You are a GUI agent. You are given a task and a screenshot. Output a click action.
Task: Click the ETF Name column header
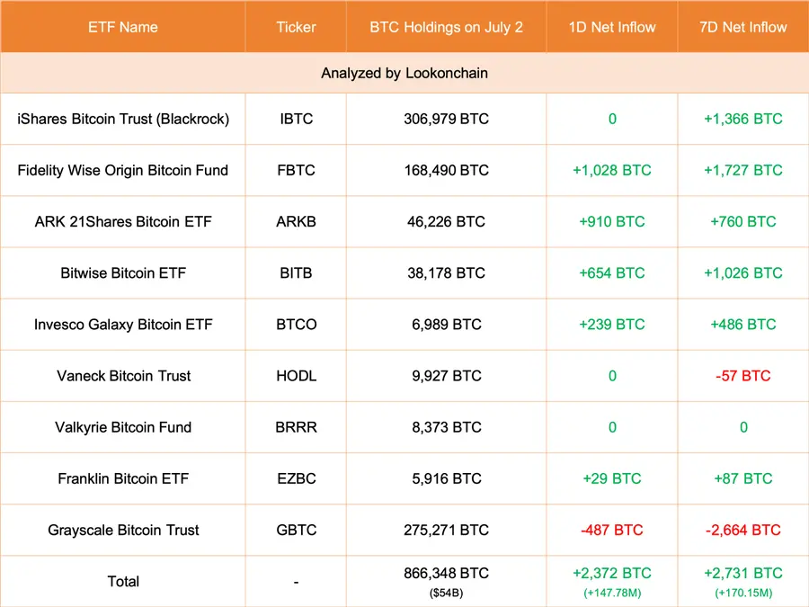123,27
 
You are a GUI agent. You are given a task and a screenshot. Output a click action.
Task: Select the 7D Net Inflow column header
743,27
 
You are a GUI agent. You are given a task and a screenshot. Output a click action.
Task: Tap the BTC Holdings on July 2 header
446,27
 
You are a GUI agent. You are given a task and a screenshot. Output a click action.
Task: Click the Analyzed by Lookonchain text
404,73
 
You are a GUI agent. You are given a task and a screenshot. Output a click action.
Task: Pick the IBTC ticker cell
296,119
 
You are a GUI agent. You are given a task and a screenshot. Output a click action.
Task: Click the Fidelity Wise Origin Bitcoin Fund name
123,170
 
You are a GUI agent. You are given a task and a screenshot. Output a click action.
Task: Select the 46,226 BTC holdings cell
446,221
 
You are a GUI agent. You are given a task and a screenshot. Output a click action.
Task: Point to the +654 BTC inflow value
612,272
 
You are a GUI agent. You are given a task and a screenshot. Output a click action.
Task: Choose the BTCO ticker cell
296,324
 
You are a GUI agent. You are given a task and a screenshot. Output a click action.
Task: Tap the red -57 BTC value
743,376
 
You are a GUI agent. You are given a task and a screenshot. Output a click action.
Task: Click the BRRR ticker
296,427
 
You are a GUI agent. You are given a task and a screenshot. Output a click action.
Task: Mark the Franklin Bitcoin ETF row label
123,478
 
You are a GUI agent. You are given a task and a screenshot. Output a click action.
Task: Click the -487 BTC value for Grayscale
612,530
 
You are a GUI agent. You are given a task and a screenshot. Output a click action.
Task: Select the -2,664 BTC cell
743,530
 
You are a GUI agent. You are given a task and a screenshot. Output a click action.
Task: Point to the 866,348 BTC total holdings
446,573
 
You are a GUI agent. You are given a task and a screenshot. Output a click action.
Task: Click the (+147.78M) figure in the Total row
612,593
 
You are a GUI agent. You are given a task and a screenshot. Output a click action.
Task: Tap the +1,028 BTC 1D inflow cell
612,170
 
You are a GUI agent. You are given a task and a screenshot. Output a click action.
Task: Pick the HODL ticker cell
296,376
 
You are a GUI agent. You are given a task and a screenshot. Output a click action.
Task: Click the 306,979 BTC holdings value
446,119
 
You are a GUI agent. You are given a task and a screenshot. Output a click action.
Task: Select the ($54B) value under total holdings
446,593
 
